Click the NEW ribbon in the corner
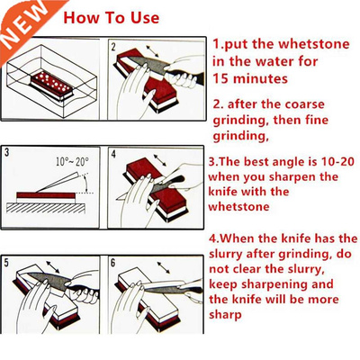(x=20, y=20)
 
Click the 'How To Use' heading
(x=112, y=17)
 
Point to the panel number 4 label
(x=113, y=154)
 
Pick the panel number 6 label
(x=113, y=263)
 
